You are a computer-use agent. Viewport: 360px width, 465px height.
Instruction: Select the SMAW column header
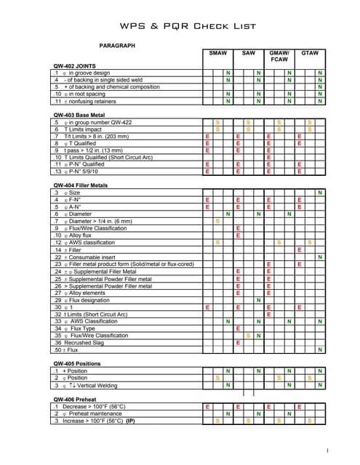(x=217, y=54)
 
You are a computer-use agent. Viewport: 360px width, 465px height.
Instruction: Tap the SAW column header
(x=248, y=54)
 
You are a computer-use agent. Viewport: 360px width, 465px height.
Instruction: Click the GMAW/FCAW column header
(x=279, y=57)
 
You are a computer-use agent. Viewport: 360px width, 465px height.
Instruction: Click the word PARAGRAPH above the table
(x=117, y=46)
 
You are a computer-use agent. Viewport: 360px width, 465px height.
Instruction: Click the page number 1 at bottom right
(x=329, y=449)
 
